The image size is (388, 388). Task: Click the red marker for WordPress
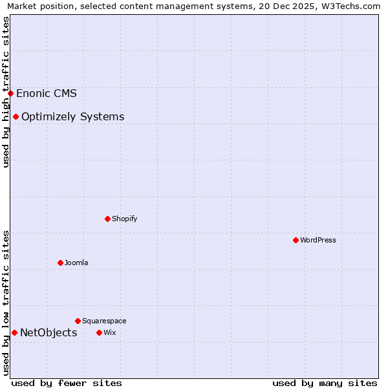pyautogui.click(x=296, y=240)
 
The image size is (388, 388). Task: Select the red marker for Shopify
pyautogui.click(x=107, y=219)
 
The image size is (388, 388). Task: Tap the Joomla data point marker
pyautogui.click(x=60, y=263)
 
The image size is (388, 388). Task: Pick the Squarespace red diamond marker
pyautogui.click(x=78, y=321)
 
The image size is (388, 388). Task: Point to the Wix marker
pyautogui.click(x=99, y=332)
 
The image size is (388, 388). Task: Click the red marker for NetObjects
pyautogui.click(x=14, y=332)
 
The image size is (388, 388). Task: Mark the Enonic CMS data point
pyautogui.click(x=10, y=93)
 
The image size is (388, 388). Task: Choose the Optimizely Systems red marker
pyautogui.click(x=16, y=116)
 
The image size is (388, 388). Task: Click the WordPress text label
pyautogui.click(x=318, y=240)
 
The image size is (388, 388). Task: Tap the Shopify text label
pyautogui.click(x=125, y=219)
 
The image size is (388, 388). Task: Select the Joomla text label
pyautogui.click(x=76, y=263)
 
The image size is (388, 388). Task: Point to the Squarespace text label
pyautogui.click(x=104, y=321)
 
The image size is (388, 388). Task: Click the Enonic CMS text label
pyautogui.click(x=47, y=93)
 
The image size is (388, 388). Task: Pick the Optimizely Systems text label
pyautogui.click(x=73, y=116)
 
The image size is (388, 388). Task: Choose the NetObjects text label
pyautogui.click(x=48, y=332)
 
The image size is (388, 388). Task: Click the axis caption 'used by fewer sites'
pyautogui.click(x=67, y=383)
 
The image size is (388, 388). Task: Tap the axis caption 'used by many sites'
pyautogui.click(x=325, y=383)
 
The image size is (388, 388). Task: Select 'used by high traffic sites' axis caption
pyautogui.click(x=6, y=92)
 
